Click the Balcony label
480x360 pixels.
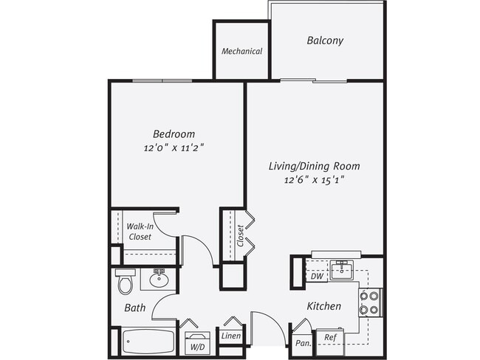coord(325,41)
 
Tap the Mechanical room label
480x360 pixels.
coord(242,52)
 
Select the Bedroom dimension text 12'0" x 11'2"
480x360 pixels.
coord(174,148)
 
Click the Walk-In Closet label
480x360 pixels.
coord(139,232)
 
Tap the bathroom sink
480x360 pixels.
coord(159,278)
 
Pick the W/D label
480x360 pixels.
coord(198,345)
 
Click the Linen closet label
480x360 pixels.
coord(230,336)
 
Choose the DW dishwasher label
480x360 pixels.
coord(316,277)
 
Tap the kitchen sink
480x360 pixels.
coord(341,269)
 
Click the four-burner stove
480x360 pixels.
coord(368,301)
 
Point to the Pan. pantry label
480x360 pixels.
coord(302,343)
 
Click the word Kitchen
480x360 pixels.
coord(324,305)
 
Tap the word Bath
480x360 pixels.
coord(134,308)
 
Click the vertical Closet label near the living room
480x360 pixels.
coord(240,235)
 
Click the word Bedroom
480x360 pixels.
coord(174,134)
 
